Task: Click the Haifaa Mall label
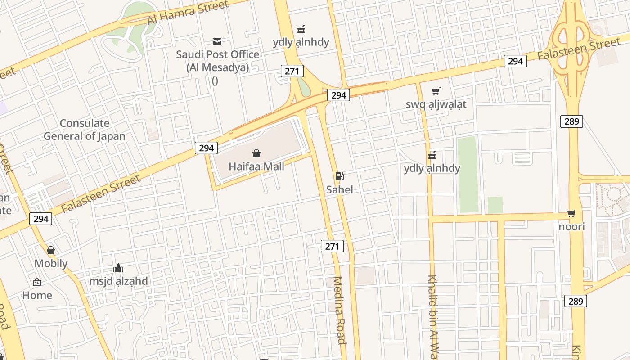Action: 256,166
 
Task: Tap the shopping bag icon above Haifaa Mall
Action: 256,154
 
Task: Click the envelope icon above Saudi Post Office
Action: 217,42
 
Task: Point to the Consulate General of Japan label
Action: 85,130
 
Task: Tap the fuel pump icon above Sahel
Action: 340,176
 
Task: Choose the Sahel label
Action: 340,190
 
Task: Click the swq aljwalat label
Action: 436,104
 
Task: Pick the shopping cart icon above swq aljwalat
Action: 436,91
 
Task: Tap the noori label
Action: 571,227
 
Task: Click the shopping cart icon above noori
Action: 571,214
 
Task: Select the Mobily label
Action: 51,264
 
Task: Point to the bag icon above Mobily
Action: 51,250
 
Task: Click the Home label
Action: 37,296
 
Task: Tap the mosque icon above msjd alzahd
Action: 118,268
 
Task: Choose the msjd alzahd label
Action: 118,282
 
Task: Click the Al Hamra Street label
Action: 188,13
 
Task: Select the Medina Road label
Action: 339,310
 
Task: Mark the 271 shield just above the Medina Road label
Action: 332,246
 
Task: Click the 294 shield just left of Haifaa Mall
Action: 206,148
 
